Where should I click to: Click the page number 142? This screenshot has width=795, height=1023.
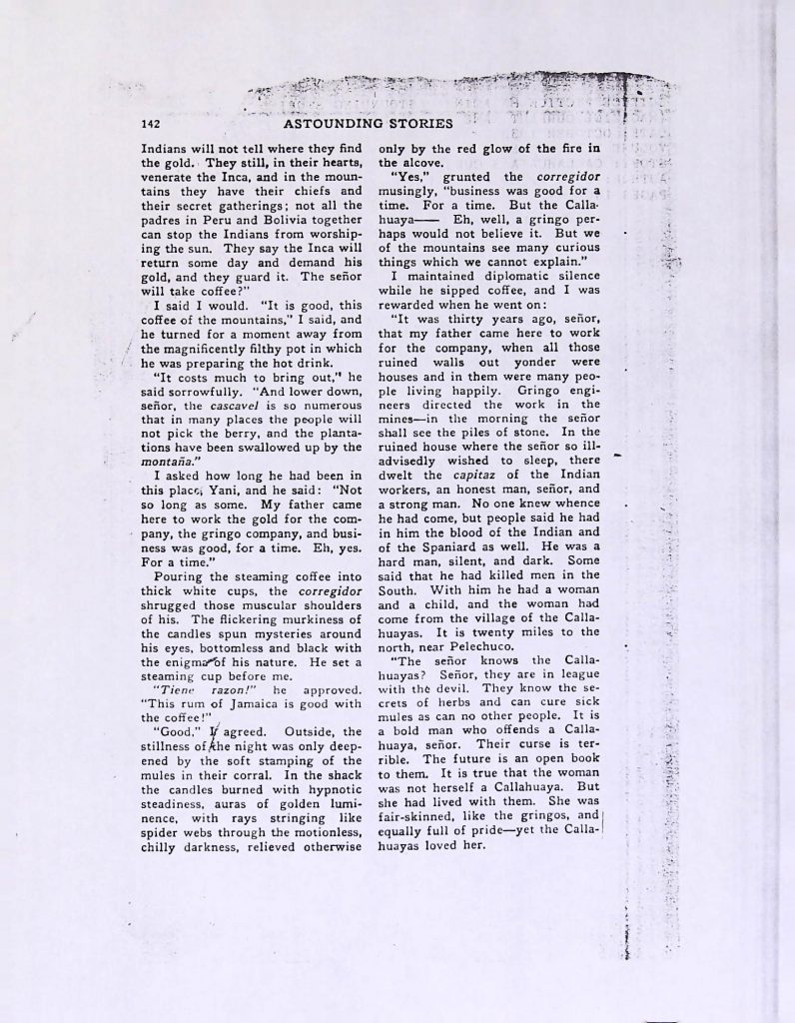click(x=151, y=125)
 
